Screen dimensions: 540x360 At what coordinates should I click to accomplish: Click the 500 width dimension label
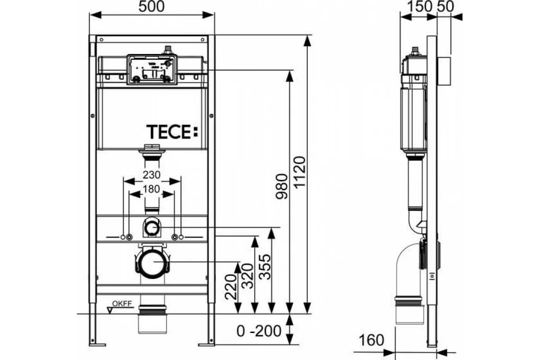pyautogui.click(x=152, y=6)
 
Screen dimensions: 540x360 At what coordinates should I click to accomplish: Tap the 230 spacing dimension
pyautogui.click(x=152, y=175)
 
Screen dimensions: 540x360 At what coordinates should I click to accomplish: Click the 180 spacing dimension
pyautogui.click(x=152, y=189)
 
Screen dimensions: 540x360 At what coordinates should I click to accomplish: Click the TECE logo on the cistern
pyautogui.click(x=172, y=132)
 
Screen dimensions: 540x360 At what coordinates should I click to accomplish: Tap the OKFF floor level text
pyautogui.click(x=121, y=304)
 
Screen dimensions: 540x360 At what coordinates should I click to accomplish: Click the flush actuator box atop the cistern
pyautogui.click(x=152, y=69)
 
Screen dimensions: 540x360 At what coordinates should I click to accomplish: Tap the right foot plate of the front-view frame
pyautogui.click(x=207, y=345)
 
